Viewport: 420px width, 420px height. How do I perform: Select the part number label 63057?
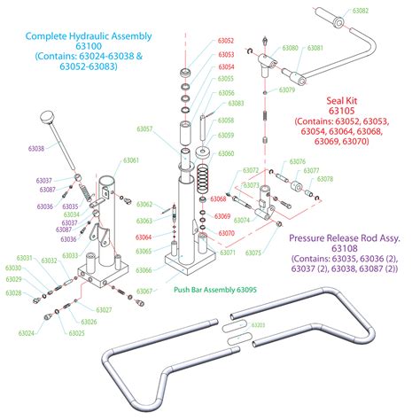(x=144, y=130)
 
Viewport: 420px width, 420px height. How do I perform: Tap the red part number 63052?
(x=225, y=42)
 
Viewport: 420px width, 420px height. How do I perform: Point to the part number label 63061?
(x=130, y=160)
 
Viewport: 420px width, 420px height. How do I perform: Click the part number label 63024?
(x=25, y=333)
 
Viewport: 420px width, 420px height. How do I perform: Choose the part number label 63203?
(x=258, y=325)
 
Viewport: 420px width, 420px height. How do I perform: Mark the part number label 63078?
(x=324, y=179)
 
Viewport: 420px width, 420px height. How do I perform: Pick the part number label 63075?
(x=253, y=253)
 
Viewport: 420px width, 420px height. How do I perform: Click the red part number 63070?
(x=224, y=233)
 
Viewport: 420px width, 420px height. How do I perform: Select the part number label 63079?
(x=286, y=90)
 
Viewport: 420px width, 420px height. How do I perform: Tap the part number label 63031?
(x=24, y=259)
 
